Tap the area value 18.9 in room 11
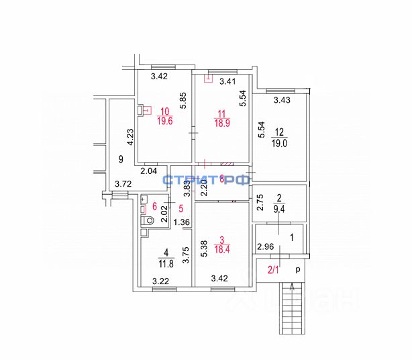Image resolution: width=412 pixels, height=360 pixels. pyautogui.click(x=221, y=124)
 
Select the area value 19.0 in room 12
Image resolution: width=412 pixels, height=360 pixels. pyautogui.click(x=279, y=143)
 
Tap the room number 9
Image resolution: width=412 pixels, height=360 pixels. pyautogui.click(x=120, y=159)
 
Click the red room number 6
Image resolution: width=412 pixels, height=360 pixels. pyautogui.click(x=154, y=207)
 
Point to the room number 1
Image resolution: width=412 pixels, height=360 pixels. pyautogui.click(x=291, y=237)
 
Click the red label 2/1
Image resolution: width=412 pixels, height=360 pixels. pyautogui.click(x=274, y=270)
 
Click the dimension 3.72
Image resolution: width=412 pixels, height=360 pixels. pyautogui.click(x=123, y=183)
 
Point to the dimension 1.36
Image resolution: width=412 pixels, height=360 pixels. pyautogui.click(x=182, y=223)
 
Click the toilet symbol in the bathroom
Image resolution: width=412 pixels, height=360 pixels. pyautogui.click(x=148, y=220)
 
